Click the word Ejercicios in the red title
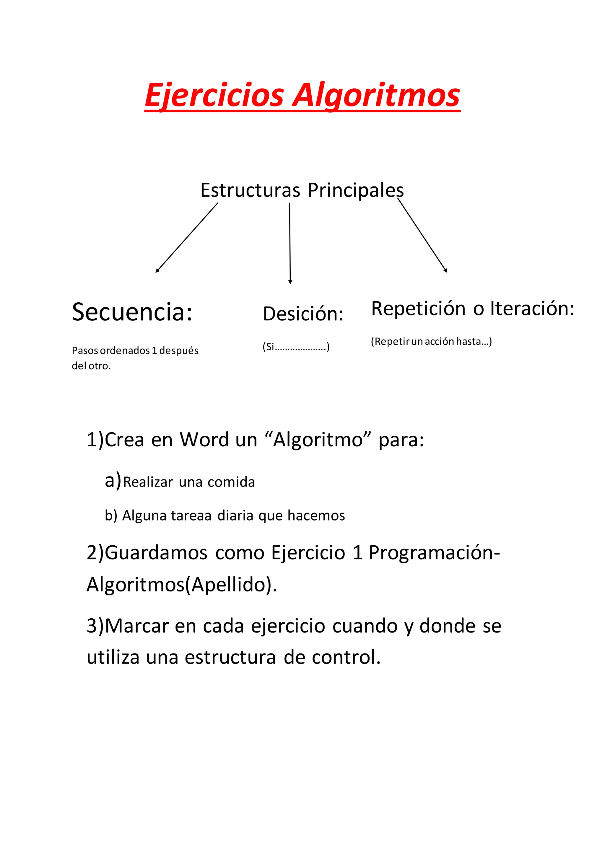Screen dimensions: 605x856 [x=214, y=95]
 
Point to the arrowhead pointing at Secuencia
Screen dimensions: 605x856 [x=157, y=271]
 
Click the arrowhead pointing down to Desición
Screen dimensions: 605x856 [x=290, y=282]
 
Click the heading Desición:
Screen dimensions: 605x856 [x=303, y=314]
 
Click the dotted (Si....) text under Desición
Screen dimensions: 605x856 [x=296, y=347]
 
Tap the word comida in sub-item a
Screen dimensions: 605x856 [x=231, y=482]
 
